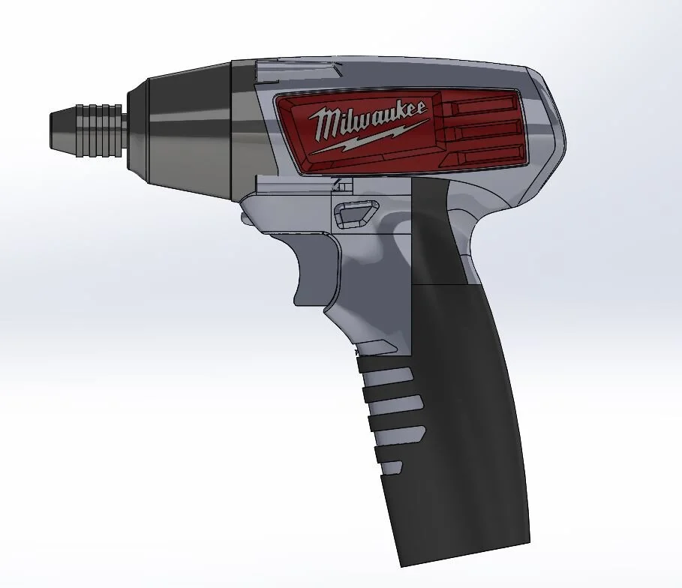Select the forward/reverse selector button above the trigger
click(x=353, y=214)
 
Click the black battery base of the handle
click(x=465, y=450)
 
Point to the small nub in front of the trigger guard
click(x=245, y=216)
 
